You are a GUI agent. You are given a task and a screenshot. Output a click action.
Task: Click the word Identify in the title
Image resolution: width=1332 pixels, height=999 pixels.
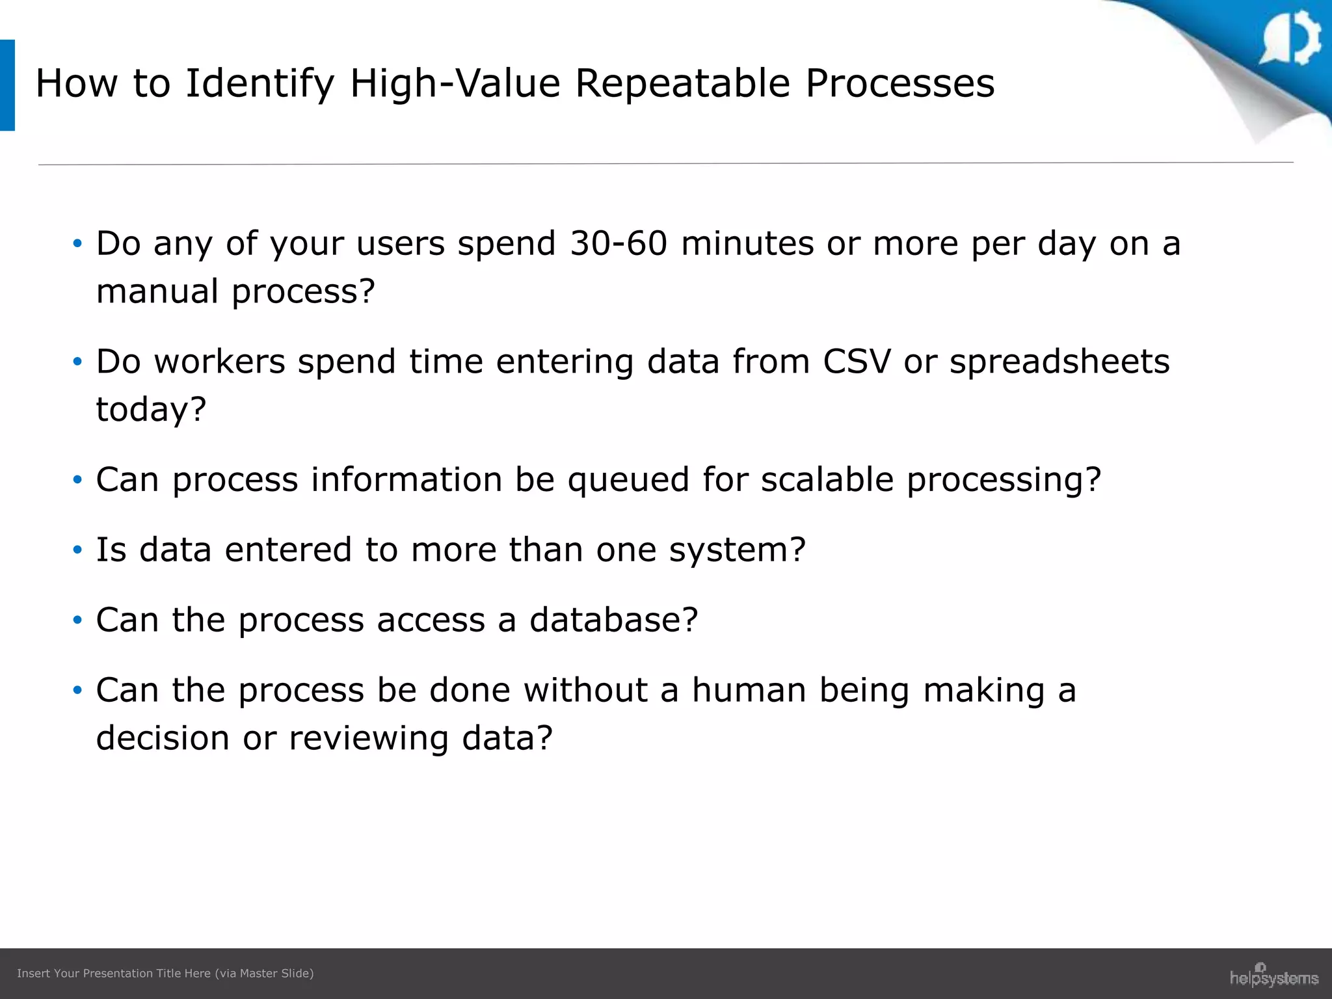[259, 85]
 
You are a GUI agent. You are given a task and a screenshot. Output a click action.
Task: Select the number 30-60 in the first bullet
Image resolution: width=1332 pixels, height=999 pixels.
[619, 243]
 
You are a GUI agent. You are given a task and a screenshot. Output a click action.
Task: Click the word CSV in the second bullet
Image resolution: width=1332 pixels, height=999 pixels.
[856, 362]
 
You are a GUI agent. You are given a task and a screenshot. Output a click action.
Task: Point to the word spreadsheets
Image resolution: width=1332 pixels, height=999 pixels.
[1059, 363]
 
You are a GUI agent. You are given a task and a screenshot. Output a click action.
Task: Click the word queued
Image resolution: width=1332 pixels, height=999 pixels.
[628, 480]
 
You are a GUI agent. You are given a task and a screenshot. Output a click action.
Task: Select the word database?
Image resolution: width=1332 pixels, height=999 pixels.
[613, 620]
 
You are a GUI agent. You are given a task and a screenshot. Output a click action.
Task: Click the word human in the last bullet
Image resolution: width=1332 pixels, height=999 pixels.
[749, 690]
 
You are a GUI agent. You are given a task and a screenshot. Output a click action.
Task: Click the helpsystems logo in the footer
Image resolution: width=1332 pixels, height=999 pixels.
[1273, 976]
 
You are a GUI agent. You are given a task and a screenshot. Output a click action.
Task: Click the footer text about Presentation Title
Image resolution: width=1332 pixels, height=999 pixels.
[165, 973]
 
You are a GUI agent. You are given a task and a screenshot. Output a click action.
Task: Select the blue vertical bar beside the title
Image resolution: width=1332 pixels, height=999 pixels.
[7, 85]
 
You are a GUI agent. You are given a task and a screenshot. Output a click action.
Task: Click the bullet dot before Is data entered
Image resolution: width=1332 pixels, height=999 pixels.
[77, 550]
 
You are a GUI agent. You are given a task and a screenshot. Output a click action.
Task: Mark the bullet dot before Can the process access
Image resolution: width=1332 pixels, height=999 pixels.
[77, 620]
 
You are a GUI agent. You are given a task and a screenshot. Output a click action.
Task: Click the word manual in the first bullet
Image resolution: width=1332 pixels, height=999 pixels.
[157, 291]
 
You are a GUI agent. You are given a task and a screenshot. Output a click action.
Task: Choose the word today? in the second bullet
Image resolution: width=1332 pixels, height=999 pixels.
[151, 410]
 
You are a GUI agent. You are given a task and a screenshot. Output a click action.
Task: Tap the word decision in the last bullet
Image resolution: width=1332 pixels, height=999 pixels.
[163, 738]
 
